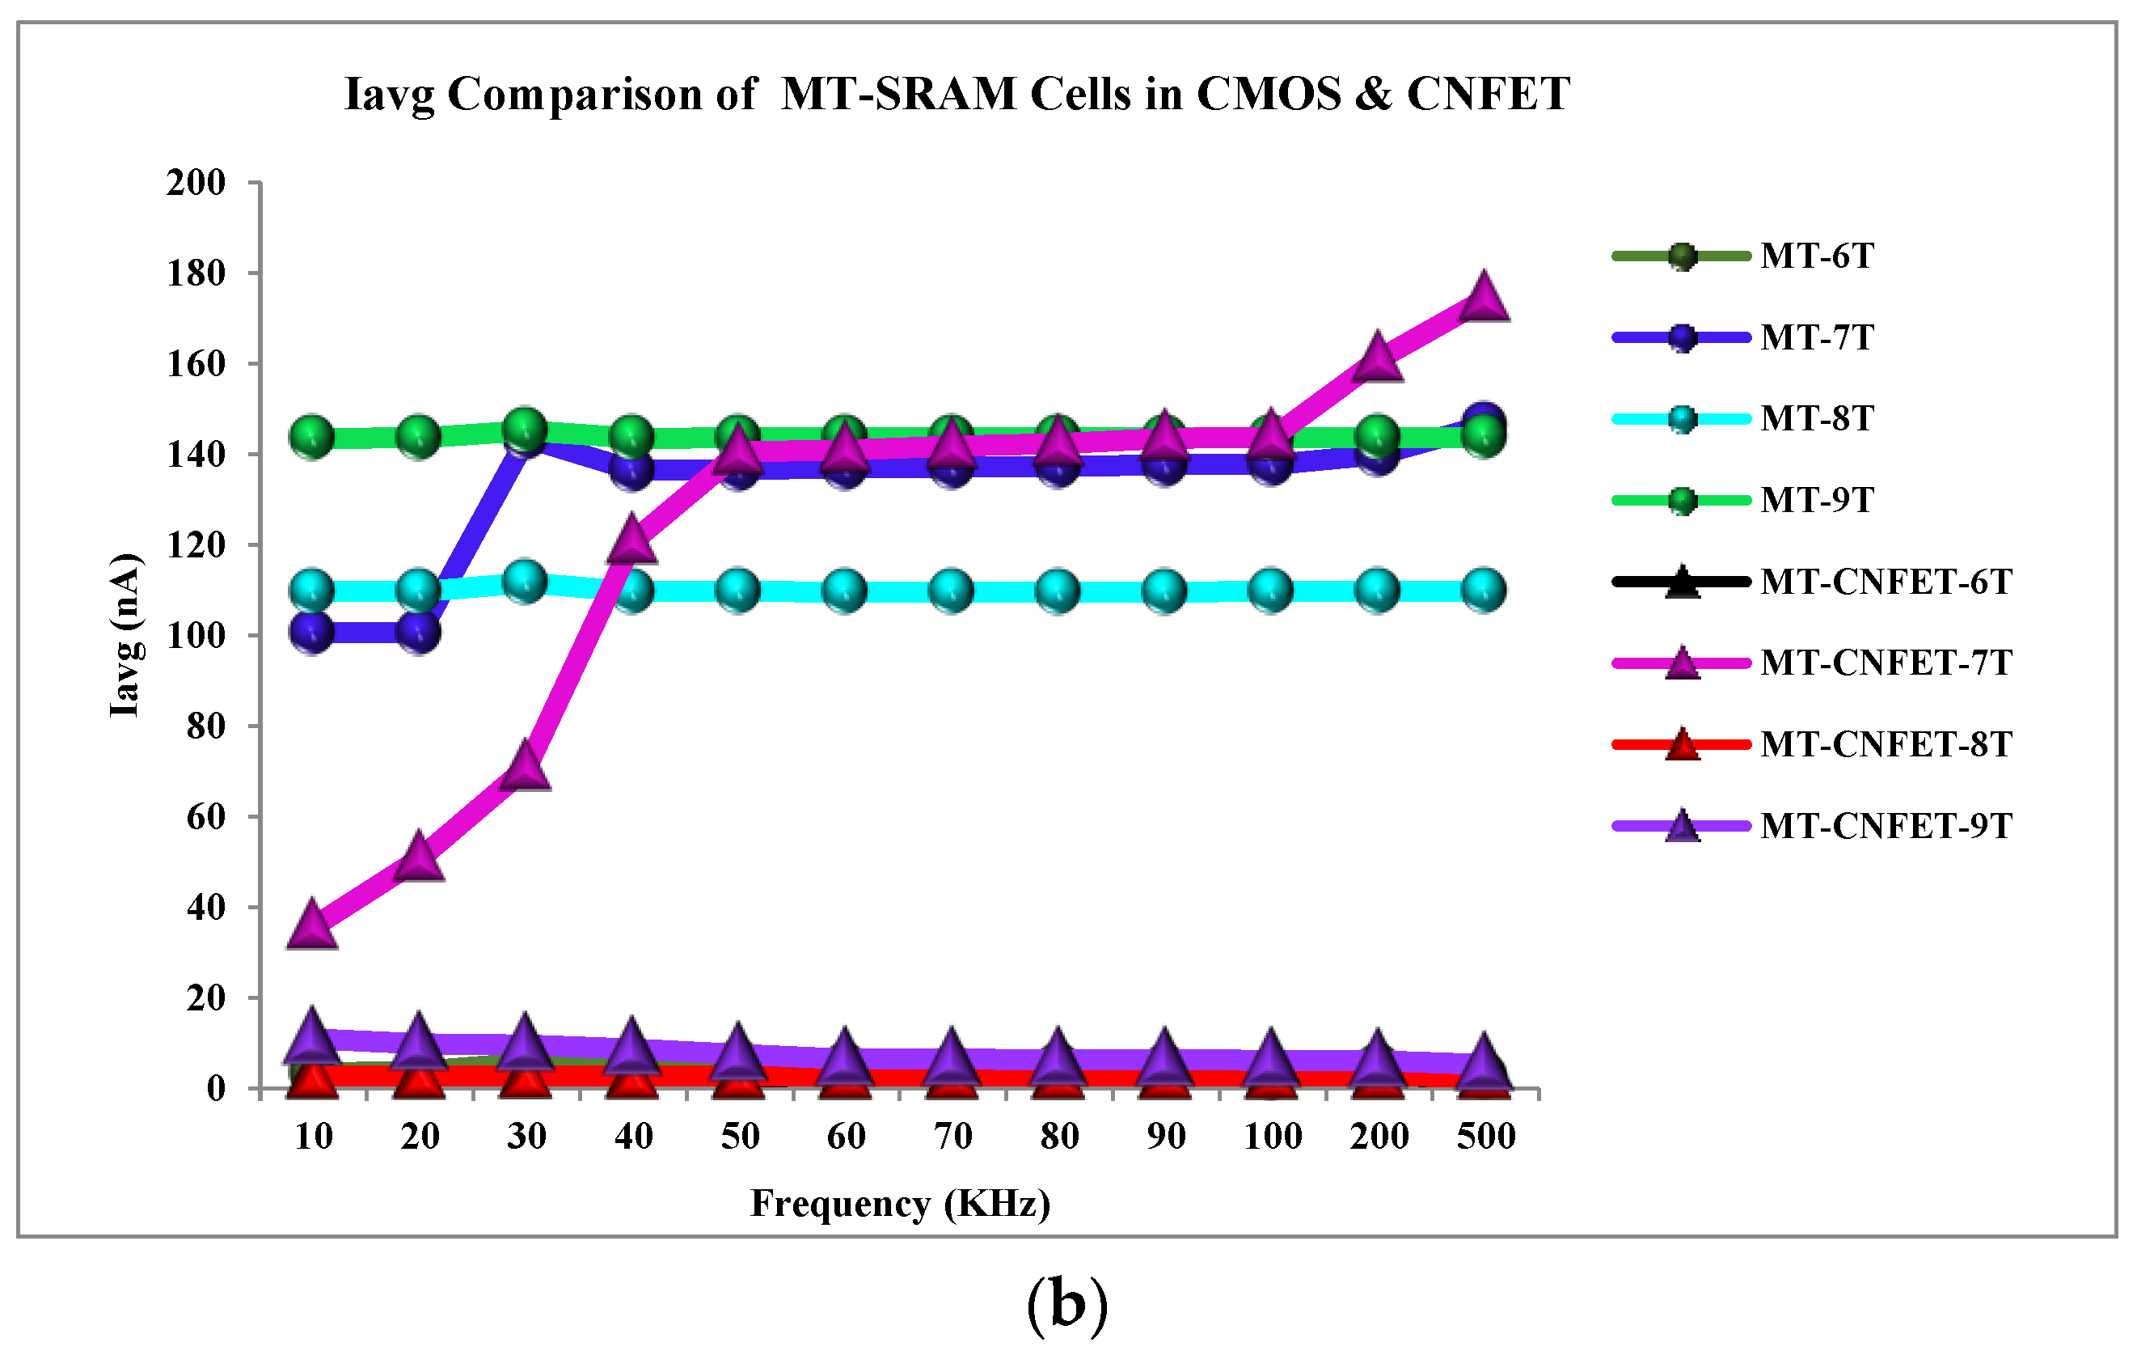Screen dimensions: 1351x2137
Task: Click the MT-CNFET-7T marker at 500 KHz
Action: coord(1484,299)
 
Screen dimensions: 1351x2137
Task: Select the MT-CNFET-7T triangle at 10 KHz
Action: coord(311,925)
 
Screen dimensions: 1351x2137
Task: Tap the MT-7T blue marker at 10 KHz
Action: coord(311,632)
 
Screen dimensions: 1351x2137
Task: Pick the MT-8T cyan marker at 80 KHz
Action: coord(1057,590)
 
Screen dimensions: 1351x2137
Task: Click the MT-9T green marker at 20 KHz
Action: coord(419,436)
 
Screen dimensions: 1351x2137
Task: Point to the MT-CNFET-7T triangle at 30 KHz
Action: coord(526,767)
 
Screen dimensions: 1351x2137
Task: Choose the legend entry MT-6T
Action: coord(1815,256)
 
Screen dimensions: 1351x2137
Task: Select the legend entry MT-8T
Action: coord(1815,419)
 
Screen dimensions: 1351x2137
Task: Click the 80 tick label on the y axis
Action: coord(205,726)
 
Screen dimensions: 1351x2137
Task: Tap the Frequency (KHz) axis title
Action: coord(900,1205)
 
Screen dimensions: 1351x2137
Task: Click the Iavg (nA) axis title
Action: coord(125,635)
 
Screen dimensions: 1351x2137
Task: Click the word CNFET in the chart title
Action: coord(1489,94)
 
